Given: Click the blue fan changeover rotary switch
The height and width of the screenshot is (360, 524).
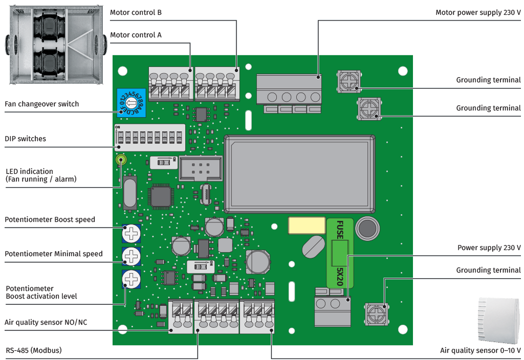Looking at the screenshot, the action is click(131, 102).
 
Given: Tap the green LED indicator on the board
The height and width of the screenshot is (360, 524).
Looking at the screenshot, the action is click(121, 160).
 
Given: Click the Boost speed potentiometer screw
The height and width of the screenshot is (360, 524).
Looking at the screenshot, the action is click(131, 233).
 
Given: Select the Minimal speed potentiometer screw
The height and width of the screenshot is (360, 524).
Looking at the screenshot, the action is click(131, 256).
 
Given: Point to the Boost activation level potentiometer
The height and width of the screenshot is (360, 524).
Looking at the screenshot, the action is click(131, 279).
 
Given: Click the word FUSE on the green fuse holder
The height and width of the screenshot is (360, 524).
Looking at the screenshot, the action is click(340, 230).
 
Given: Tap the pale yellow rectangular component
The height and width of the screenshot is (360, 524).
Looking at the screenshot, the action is click(307, 226).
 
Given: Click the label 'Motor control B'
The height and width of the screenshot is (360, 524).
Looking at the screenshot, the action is click(136, 12).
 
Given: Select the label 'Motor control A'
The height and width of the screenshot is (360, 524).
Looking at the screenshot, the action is click(136, 35).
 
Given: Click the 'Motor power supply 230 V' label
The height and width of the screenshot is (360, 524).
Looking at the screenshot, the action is click(478, 12).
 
